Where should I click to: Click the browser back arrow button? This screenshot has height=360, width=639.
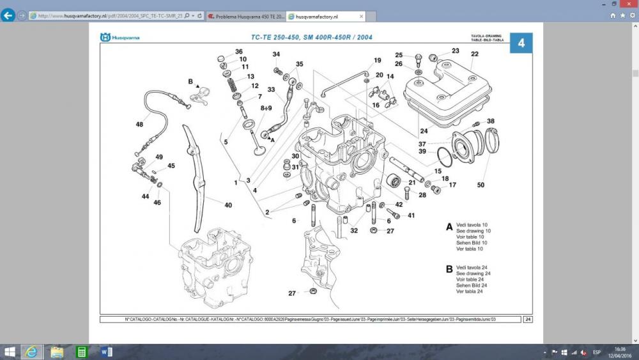(x=8, y=15)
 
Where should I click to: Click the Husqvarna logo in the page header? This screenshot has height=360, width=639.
(x=119, y=38)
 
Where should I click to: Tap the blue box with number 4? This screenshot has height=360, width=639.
(x=521, y=43)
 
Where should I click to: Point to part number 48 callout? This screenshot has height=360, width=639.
(x=139, y=124)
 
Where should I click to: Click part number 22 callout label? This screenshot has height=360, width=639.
(x=475, y=54)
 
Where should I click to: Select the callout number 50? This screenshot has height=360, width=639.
(x=481, y=185)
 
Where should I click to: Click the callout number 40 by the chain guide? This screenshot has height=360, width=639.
(x=228, y=205)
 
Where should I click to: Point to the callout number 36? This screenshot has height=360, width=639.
(x=238, y=52)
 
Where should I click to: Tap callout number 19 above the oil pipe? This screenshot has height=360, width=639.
(x=378, y=61)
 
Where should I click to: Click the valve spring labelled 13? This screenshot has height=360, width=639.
(x=232, y=81)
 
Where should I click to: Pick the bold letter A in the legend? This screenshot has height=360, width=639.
(x=449, y=226)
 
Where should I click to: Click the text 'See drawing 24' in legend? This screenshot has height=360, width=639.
(x=473, y=274)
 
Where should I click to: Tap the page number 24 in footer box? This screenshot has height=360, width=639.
(x=528, y=319)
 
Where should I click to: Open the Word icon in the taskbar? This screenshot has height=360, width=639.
(x=106, y=352)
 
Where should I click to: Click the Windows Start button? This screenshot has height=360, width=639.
(x=10, y=352)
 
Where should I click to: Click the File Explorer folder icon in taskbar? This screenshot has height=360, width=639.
(x=57, y=352)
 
